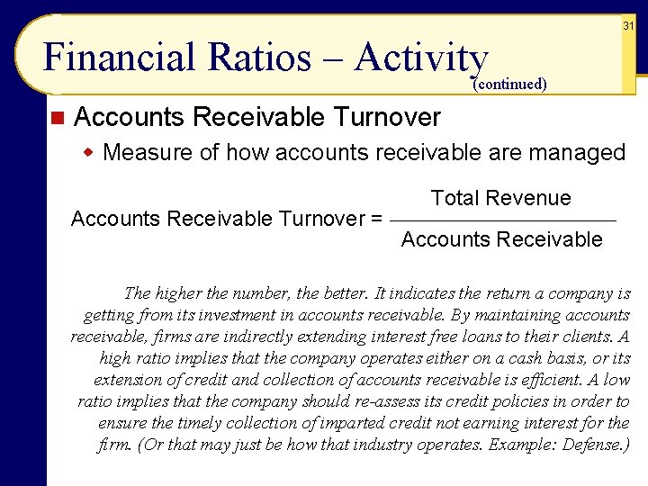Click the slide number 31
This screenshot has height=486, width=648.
pos(629,26)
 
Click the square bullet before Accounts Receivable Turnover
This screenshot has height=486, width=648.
pos(58,117)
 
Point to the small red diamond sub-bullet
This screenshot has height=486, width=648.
pos(89,152)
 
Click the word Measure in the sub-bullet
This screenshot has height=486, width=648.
pos(141,152)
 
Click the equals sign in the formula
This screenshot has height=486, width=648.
pos(376,219)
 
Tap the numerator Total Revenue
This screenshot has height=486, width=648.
pos(500,198)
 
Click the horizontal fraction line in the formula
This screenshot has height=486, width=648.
pos(504,220)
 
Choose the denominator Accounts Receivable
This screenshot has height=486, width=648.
pos(501,239)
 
